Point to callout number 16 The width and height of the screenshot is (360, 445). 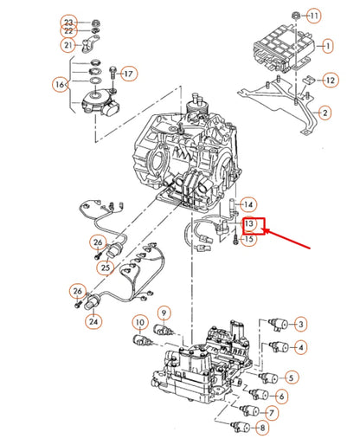tap(60, 85)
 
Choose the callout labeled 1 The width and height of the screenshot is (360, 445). tap(326, 45)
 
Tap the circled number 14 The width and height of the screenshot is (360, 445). tap(248, 205)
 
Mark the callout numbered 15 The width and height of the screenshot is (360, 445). tap(249, 240)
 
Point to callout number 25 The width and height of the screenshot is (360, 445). tap(104, 267)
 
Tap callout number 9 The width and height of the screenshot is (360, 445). tap(163, 312)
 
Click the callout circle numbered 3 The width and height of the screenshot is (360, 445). tap(300, 324)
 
